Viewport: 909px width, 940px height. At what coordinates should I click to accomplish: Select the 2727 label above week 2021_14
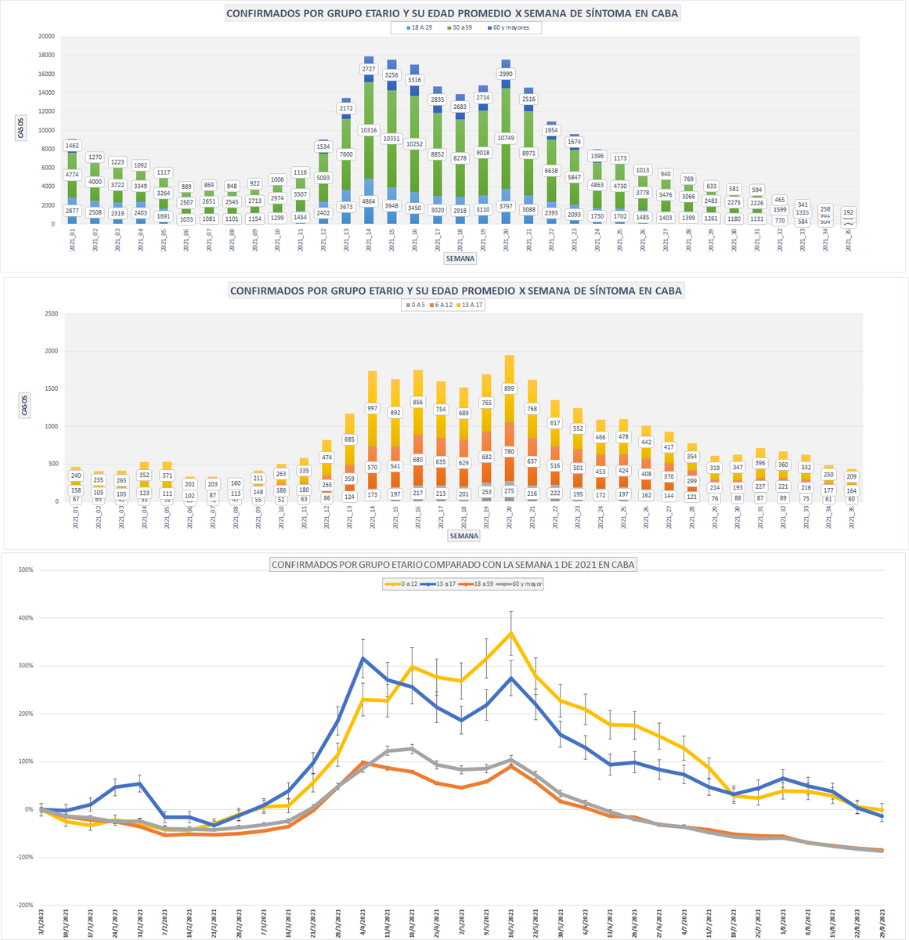tap(369, 69)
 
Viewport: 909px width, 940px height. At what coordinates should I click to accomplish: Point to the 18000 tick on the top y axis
tap(46, 55)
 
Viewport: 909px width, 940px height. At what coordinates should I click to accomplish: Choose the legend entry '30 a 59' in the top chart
tap(460, 27)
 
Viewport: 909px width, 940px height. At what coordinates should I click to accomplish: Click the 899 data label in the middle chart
tap(510, 389)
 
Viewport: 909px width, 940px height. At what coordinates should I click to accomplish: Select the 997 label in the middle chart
tap(373, 408)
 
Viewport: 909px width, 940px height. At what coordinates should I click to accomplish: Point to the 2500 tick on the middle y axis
tap(50, 313)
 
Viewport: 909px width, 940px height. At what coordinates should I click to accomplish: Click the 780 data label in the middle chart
tap(510, 451)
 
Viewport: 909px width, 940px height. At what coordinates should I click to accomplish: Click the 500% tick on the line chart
tap(26, 570)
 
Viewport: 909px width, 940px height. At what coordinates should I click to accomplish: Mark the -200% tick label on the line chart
tap(26, 906)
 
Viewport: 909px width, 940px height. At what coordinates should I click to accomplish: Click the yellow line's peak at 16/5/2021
tap(511, 633)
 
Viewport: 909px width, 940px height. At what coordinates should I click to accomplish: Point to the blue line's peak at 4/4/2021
tap(363, 658)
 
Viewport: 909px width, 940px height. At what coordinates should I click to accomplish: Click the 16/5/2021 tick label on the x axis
tap(511, 921)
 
